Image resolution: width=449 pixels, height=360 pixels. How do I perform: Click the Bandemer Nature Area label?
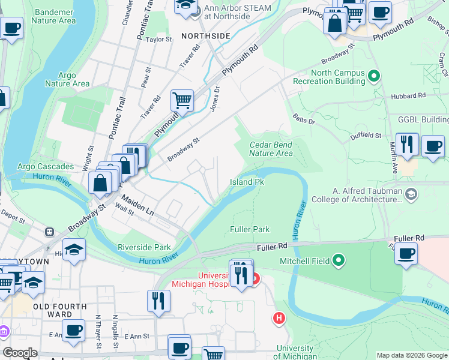click(x=55, y=16)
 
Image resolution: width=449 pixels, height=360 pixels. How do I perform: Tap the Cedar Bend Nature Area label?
click(x=271, y=149)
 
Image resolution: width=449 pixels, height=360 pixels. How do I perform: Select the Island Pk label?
click(x=247, y=182)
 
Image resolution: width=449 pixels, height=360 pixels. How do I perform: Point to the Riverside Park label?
click(x=144, y=247)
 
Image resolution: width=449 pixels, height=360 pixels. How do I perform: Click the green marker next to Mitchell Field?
click(x=339, y=261)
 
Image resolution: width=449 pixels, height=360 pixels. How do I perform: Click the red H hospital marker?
click(x=279, y=318)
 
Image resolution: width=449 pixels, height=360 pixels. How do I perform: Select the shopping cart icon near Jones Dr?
click(x=182, y=101)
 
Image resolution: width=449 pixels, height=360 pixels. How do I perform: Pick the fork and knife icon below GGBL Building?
click(x=407, y=145)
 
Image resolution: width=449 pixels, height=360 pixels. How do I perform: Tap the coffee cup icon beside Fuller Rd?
click(x=407, y=254)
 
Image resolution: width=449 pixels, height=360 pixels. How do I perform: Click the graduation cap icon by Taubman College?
click(x=411, y=193)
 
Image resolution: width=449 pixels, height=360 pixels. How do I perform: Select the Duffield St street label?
click(x=366, y=135)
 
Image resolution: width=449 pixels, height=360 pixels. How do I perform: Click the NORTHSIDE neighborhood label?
click(x=206, y=36)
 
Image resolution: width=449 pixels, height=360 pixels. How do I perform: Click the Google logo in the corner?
click(x=20, y=353)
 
